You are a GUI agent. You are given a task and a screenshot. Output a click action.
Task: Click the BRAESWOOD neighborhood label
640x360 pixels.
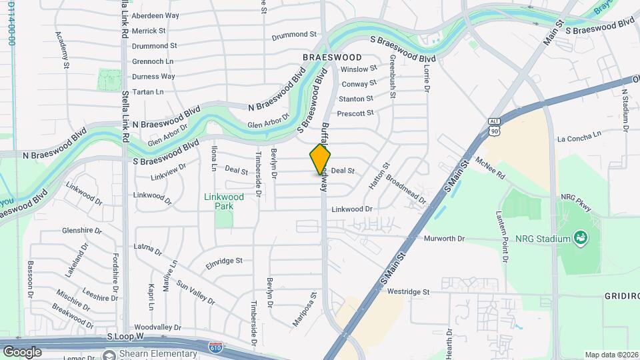coord(331,57)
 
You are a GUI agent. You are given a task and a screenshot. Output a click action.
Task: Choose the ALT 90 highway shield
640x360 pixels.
coord(494,128)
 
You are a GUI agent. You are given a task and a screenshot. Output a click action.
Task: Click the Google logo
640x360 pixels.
coord(22,351)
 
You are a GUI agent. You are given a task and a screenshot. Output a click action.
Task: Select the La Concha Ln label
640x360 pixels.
coord(579,139)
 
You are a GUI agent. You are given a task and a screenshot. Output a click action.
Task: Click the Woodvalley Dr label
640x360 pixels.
coord(157,327)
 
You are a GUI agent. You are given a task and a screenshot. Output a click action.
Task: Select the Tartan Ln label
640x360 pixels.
coord(147,92)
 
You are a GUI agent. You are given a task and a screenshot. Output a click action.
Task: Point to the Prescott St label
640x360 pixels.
coord(355,113)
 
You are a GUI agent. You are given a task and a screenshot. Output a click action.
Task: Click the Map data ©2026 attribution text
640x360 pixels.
coord(611,355)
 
